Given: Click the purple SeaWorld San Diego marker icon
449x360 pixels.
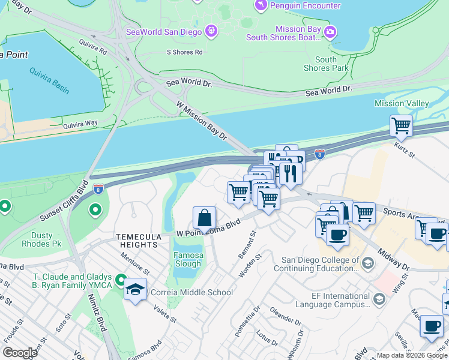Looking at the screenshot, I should click(x=211, y=31).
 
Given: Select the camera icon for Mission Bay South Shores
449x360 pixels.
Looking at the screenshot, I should click(x=329, y=32).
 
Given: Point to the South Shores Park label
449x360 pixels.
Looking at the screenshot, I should click(x=325, y=64).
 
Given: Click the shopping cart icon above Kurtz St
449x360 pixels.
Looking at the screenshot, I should click(x=401, y=127).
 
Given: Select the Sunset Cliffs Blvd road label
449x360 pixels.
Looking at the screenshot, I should click(x=64, y=200).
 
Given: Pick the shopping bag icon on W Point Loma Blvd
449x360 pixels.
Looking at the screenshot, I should click(x=204, y=218).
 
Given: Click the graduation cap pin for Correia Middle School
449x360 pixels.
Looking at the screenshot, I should click(x=135, y=290).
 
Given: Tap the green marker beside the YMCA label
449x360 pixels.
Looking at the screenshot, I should click(x=121, y=280).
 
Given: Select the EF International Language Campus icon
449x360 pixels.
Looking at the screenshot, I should click(x=379, y=298).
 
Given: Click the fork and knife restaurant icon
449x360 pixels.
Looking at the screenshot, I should click(x=290, y=173).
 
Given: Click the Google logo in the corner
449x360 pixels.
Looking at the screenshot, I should click(x=20, y=353).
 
